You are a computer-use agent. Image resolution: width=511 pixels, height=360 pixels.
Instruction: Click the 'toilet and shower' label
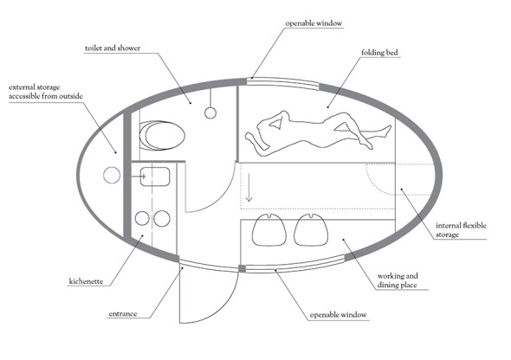[x=113, y=48]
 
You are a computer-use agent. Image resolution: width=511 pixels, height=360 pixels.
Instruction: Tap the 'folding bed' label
[x=379, y=53]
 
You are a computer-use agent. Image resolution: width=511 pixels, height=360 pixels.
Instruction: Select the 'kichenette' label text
[x=86, y=281]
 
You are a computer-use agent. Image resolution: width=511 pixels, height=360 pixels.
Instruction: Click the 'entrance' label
[x=123, y=314]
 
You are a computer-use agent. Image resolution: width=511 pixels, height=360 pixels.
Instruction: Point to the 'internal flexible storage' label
[x=461, y=230]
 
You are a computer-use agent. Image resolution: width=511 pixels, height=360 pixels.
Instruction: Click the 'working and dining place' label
[x=398, y=280]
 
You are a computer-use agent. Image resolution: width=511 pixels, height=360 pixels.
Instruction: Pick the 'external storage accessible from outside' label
[x=46, y=92]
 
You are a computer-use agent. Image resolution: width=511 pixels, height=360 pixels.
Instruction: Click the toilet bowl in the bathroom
[x=162, y=135]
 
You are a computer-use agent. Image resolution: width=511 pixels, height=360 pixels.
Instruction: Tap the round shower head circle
[x=210, y=113]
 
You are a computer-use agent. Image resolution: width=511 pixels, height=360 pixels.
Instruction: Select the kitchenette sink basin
[x=155, y=177]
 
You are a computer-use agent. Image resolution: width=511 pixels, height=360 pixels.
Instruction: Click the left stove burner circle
[x=142, y=218]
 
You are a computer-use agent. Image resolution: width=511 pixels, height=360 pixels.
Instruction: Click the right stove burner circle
[x=162, y=218]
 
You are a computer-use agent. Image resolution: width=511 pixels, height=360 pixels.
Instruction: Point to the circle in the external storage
[x=112, y=175]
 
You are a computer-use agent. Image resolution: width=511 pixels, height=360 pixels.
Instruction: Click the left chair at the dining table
[x=269, y=230]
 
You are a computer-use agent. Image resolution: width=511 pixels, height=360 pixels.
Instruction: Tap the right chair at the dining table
[x=311, y=230]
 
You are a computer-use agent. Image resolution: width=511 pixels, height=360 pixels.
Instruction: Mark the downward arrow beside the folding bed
[x=249, y=188]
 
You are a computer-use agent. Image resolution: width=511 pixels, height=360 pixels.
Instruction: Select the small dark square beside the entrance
[x=243, y=268]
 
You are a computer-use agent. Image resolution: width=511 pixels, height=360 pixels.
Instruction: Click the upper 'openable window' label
[x=314, y=23]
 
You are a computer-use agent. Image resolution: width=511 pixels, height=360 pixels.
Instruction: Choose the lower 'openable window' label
[x=339, y=315]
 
